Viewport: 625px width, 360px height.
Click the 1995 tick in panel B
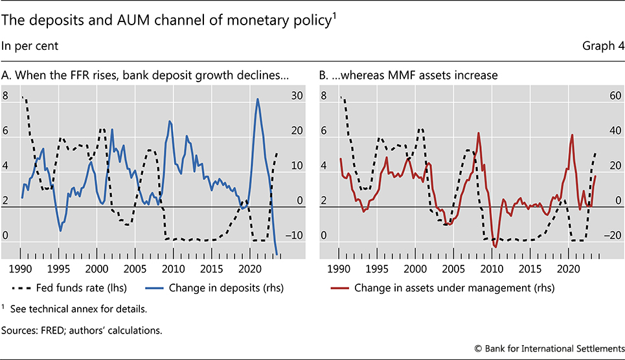click(x=378, y=267)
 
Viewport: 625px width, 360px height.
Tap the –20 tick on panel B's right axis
click(x=615, y=236)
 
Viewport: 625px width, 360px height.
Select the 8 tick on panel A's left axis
click(x=7, y=96)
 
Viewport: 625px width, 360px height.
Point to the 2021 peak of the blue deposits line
click(x=257, y=99)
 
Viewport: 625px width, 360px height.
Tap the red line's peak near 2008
click(x=479, y=133)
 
